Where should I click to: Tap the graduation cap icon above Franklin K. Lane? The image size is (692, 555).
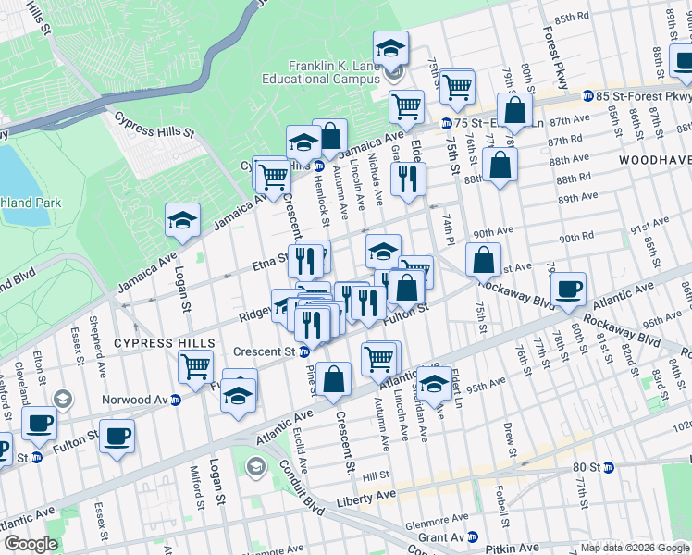[390, 47]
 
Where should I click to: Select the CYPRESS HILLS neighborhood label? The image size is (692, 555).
[164, 343]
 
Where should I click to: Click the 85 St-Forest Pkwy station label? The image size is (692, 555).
[638, 96]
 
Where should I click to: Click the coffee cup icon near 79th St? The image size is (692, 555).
[568, 289]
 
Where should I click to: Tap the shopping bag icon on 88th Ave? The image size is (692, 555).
[499, 166]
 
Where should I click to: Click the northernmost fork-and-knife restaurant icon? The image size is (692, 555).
[407, 178]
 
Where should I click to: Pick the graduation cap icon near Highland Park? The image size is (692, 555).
[182, 219]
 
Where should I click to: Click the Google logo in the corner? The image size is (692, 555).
[31, 544]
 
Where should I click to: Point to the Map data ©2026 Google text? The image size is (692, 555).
[635, 548]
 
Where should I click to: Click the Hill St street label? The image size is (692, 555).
[375, 475]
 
